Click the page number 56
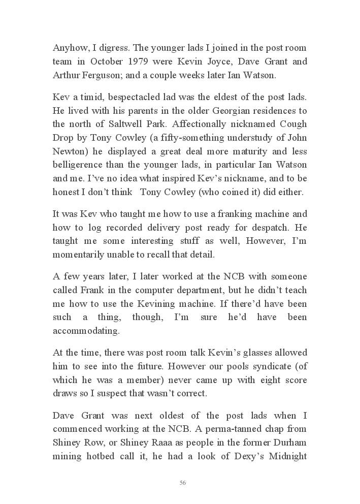pyautogui.click(x=182, y=483)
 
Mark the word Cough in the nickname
pyautogui.click(x=291, y=124)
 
